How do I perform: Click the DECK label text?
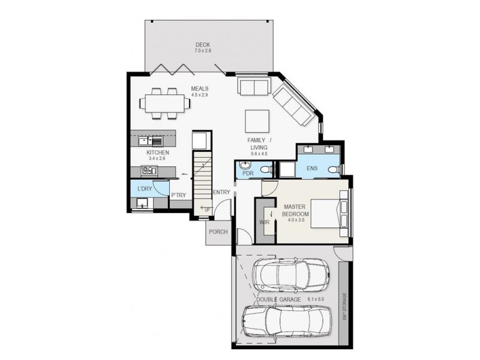[203, 44]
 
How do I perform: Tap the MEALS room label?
[199, 89]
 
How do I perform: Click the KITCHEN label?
[158, 152]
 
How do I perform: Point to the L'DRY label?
[144, 189]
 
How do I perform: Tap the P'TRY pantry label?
[178, 195]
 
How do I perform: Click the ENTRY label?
[221, 192]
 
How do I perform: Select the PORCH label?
[217, 232]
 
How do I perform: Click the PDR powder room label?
[248, 173]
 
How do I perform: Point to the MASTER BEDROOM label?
[296, 211]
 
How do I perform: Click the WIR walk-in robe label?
[263, 222]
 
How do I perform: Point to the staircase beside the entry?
[202, 180]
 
